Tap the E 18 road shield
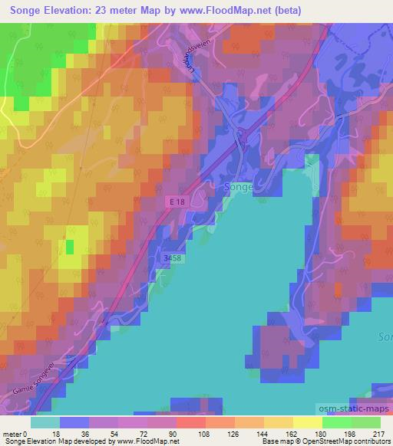[177, 201]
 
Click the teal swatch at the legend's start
[45, 422]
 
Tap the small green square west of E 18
[70, 247]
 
